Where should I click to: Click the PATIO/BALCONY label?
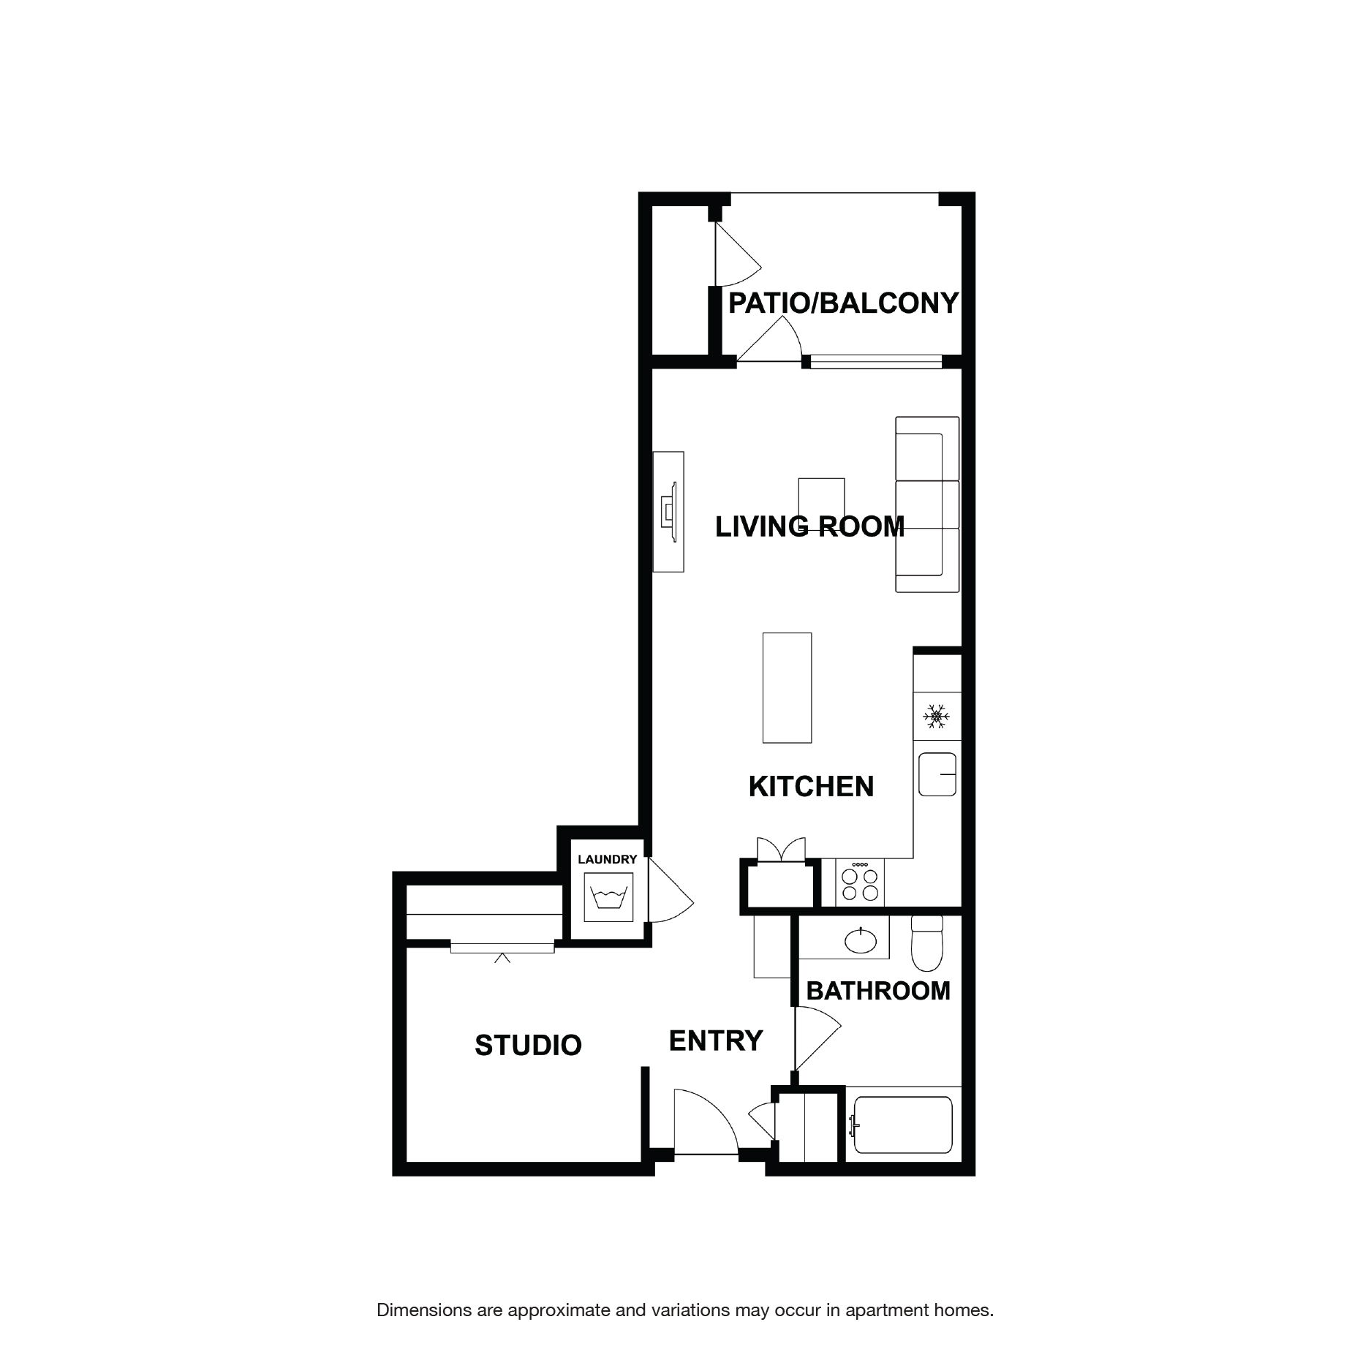(x=843, y=303)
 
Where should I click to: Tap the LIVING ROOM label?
(x=809, y=526)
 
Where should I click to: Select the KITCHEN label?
(x=811, y=787)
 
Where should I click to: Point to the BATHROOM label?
(x=878, y=991)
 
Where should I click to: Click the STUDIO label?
(x=528, y=1045)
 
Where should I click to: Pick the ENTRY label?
(x=716, y=1040)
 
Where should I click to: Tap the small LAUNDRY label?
(x=607, y=859)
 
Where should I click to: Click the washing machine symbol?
(x=608, y=898)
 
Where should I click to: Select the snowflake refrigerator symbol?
(x=935, y=717)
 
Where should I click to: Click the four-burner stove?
(x=860, y=883)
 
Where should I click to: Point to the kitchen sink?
(x=937, y=774)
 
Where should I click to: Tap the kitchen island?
(x=787, y=687)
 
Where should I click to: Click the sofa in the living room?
(x=927, y=505)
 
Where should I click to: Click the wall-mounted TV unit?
(x=668, y=511)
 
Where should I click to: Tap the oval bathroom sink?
(x=861, y=940)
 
